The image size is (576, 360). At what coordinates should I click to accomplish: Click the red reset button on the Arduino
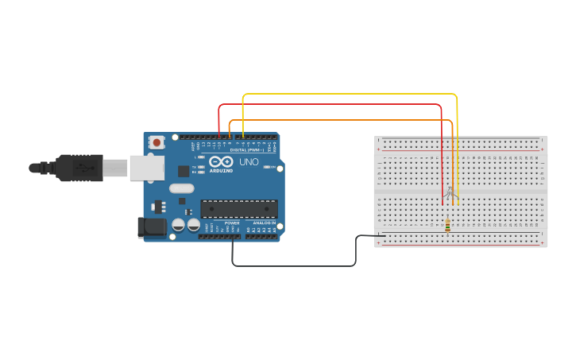(x=157, y=143)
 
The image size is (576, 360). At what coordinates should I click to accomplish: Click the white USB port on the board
(x=147, y=168)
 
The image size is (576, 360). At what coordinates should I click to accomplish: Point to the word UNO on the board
(x=249, y=162)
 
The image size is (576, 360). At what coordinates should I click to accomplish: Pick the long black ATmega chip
(x=238, y=209)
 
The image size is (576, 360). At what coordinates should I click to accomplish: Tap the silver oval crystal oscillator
(x=181, y=189)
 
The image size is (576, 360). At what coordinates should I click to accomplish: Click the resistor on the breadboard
(x=447, y=226)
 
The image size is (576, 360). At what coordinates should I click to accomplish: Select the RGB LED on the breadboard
(x=450, y=192)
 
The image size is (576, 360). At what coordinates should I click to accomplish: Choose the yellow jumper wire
(x=350, y=94)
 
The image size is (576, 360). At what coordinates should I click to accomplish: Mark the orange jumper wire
(x=342, y=120)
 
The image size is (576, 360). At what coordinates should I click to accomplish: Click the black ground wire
(x=294, y=265)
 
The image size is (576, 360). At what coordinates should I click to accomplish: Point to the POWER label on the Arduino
(x=232, y=223)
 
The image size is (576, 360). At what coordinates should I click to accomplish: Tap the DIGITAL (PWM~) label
(x=246, y=149)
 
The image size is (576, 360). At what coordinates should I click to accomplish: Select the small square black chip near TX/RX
(x=184, y=171)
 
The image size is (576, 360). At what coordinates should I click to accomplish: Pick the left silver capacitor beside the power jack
(x=179, y=226)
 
